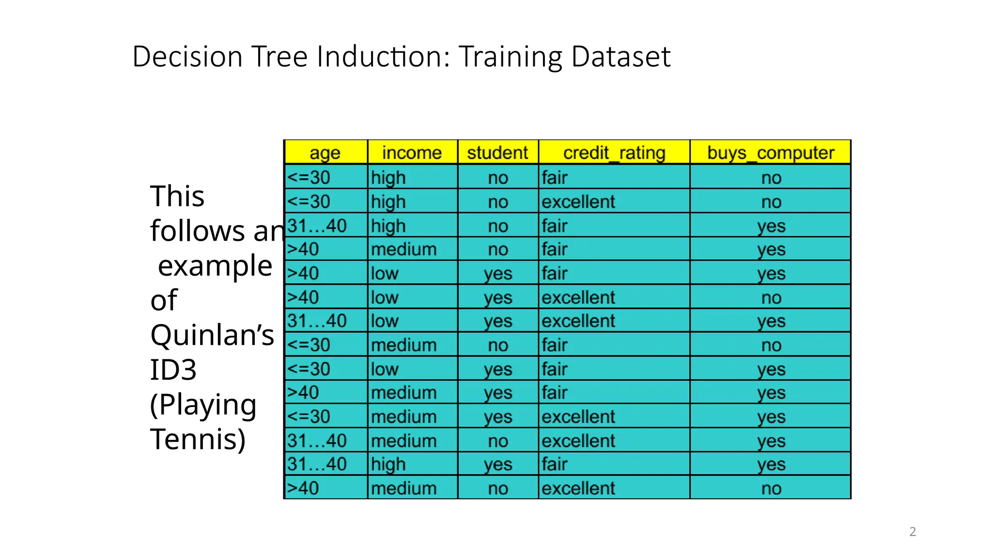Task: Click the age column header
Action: click(x=325, y=153)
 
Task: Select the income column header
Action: click(x=412, y=153)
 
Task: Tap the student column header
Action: click(x=497, y=153)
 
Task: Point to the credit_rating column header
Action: click(x=614, y=153)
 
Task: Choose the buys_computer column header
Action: click(x=770, y=153)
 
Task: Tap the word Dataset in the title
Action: click(x=621, y=56)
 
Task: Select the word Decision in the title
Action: click(x=187, y=56)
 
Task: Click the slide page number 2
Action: click(x=913, y=532)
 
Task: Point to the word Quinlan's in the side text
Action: click(x=212, y=335)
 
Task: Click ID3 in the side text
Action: click(x=173, y=370)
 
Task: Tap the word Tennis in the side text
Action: click(x=198, y=439)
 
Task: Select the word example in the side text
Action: click(x=215, y=265)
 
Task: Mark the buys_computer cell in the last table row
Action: click(x=771, y=488)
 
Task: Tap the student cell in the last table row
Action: click(x=497, y=488)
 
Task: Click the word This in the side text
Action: click(x=177, y=196)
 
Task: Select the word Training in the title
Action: click(x=511, y=56)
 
